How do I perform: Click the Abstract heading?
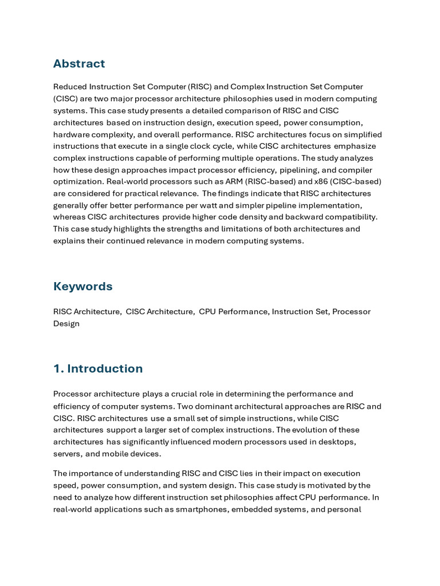(79, 64)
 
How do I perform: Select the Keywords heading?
(82, 286)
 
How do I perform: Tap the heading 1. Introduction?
(98, 369)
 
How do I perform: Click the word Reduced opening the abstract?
(70, 87)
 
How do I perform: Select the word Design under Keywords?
(66, 323)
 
